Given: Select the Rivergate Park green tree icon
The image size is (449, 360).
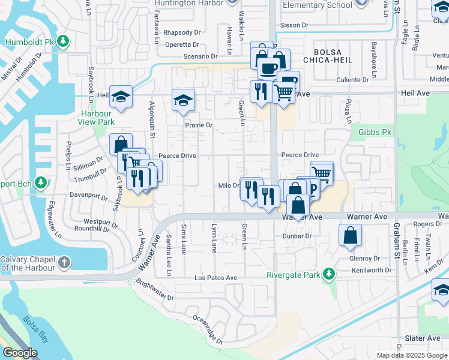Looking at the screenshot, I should click(x=328, y=275).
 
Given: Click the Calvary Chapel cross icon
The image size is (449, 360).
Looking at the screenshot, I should click(x=64, y=263).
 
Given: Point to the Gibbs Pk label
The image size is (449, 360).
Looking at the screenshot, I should click(x=375, y=131).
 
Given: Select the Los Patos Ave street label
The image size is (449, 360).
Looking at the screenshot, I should click(x=215, y=278).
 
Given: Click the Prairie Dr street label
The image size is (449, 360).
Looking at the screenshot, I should click(x=198, y=125).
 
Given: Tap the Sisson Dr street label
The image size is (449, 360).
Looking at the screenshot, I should click(x=294, y=25).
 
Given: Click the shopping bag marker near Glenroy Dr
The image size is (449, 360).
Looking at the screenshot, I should click(x=350, y=236).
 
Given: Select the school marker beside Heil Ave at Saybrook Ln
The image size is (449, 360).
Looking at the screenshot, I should click(x=121, y=97).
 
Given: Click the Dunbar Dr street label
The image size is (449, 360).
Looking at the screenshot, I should click(x=298, y=236).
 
